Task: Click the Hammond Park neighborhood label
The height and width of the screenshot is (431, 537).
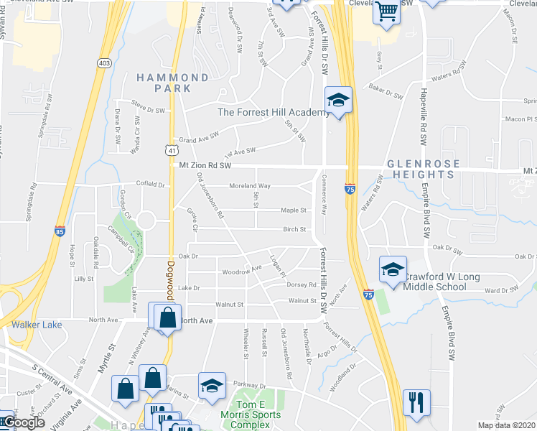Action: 173,83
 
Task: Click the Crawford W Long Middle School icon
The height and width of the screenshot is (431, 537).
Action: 393,270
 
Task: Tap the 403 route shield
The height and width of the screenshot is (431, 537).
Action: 104,64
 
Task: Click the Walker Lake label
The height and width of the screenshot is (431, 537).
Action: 37,325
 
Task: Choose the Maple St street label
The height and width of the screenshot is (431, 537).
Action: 294,211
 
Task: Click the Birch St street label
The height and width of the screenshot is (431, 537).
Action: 294,230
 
